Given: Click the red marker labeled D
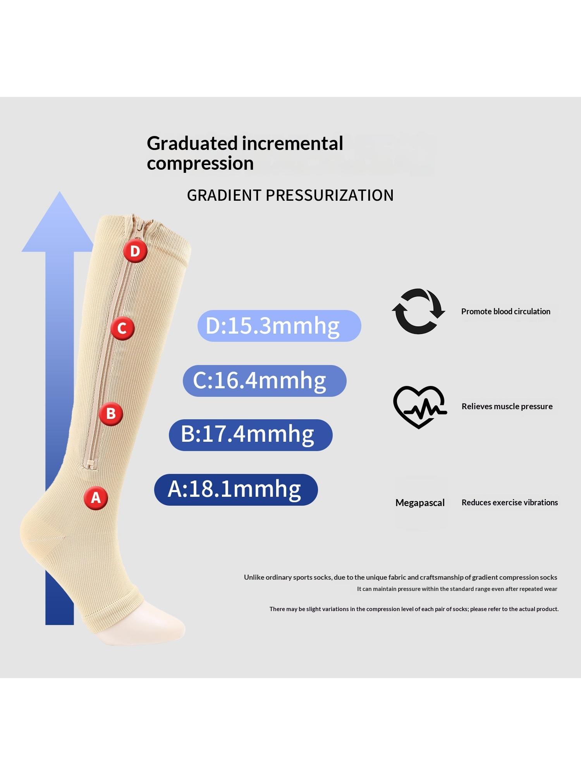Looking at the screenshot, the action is pyautogui.click(x=135, y=251).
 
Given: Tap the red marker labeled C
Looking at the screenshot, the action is pyautogui.click(x=122, y=329).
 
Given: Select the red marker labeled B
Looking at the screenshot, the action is pyautogui.click(x=111, y=413).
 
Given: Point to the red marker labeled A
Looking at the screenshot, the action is pyautogui.click(x=96, y=498).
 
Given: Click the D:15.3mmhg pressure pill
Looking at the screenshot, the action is pyautogui.click(x=279, y=326).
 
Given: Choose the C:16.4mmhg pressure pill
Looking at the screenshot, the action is pyautogui.click(x=265, y=381).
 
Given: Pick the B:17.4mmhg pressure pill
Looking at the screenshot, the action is pyautogui.click(x=251, y=435).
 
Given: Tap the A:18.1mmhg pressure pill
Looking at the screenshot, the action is pyautogui.click(x=236, y=489).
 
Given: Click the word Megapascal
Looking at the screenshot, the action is pyautogui.click(x=420, y=503).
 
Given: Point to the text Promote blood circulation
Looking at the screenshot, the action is pyautogui.click(x=505, y=312).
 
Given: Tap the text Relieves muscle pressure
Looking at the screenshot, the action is pyautogui.click(x=507, y=406).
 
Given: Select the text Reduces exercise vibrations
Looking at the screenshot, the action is pyautogui.click(x=510, y=503).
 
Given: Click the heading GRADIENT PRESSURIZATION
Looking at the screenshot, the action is pyautogui.click(x=290, y=195).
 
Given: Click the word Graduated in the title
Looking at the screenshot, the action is pyautogui.click(x=192, y=143).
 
